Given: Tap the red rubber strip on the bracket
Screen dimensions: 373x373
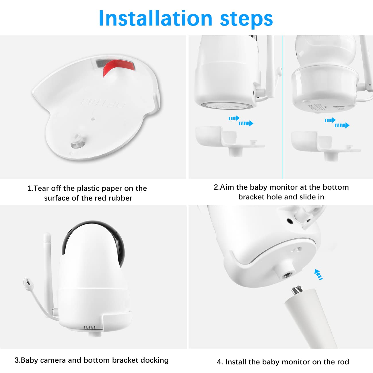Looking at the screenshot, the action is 119,67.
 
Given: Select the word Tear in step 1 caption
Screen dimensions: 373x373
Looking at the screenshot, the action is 41,188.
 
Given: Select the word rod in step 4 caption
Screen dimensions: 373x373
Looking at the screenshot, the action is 343,362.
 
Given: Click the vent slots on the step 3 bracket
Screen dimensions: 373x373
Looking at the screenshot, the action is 89,327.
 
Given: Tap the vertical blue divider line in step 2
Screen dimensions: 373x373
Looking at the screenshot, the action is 283,107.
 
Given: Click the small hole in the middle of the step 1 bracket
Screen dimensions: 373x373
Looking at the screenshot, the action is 93,119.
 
